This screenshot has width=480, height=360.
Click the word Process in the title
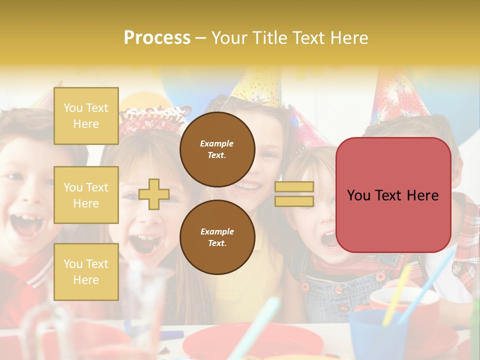click(157, 38)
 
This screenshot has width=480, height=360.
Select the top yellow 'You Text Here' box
click(86, 116)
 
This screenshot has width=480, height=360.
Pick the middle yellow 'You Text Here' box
click(86, 195)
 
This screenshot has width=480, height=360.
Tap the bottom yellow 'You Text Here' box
click(86, 271)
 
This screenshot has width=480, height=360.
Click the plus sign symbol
click(154, 194)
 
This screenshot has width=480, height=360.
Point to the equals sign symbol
click(294, 194)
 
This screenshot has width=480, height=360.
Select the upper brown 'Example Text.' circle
click(217, 149)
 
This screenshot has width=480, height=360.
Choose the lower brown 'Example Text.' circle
click(217, 237)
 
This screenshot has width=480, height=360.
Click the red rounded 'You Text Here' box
click(393, 195)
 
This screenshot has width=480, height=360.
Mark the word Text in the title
click(312, 38)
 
